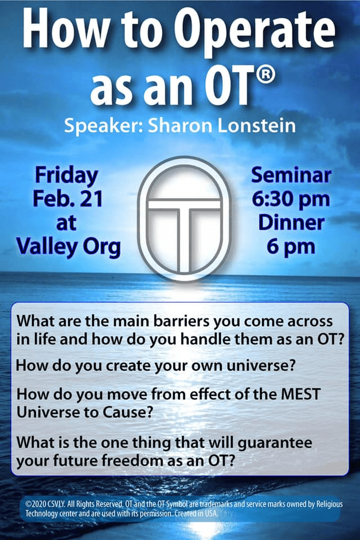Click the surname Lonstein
click(x=256, y=125)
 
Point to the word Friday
click(x=66, y=176)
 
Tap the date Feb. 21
click(x=68, y=199)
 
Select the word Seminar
click(x=291, y=175)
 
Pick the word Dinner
click(x=291, y=223)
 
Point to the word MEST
click(x=300, y=394)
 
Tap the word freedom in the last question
click(x=150, y=461)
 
